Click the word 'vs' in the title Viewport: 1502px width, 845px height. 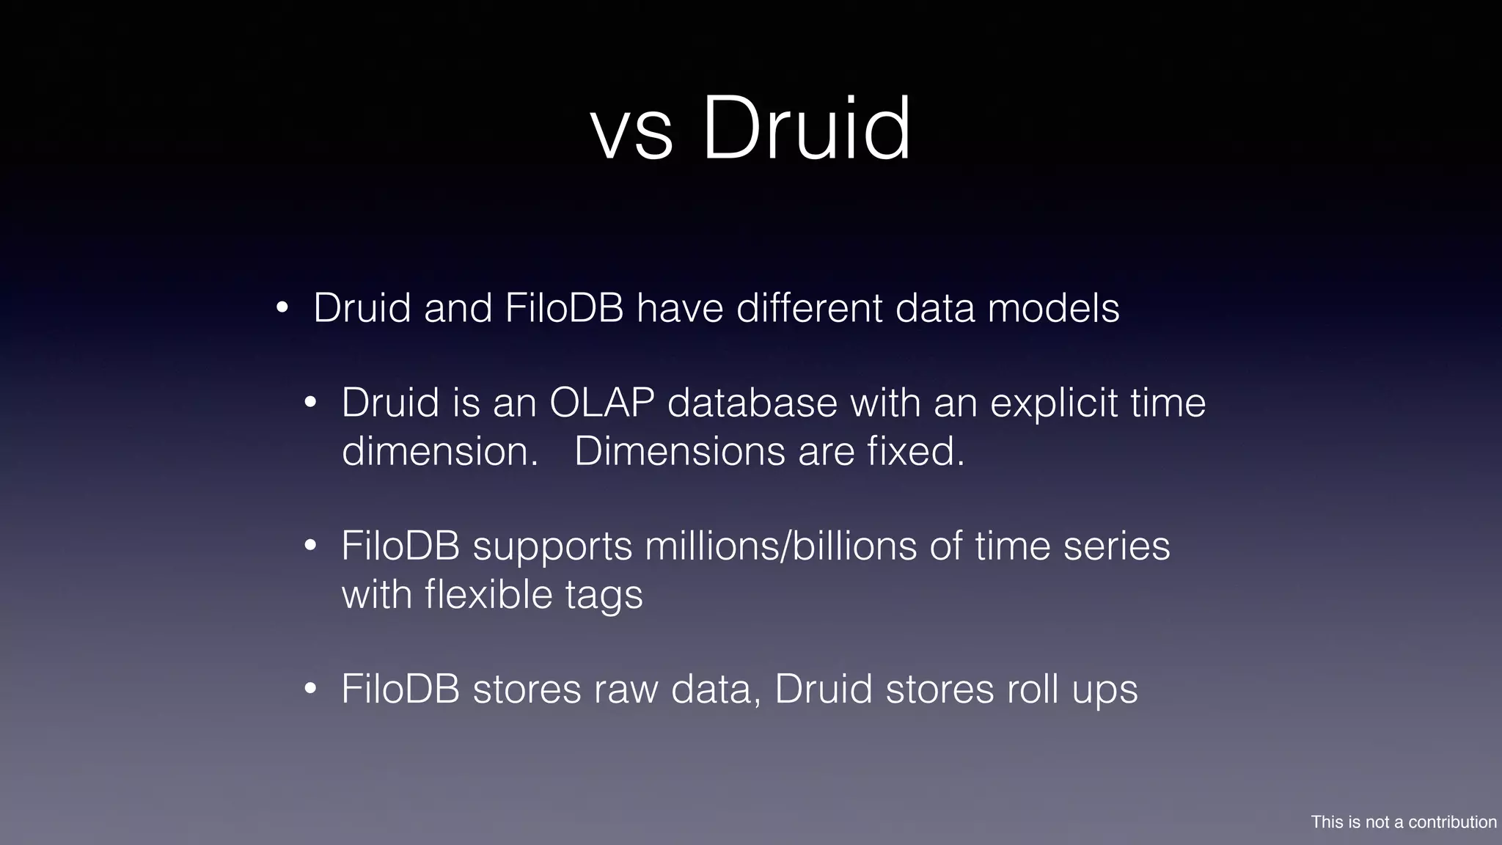coord(631,132)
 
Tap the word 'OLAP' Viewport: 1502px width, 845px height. coord(601,403)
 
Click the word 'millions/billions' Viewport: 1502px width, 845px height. coord(781,546)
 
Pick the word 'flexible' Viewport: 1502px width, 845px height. coord(488,593)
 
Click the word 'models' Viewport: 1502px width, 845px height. coord(1053,307)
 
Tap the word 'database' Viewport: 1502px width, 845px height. coord(752,403)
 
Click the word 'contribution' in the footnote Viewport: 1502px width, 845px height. coord(1452,822)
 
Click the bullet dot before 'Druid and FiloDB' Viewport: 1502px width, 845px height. coord(282,308)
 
